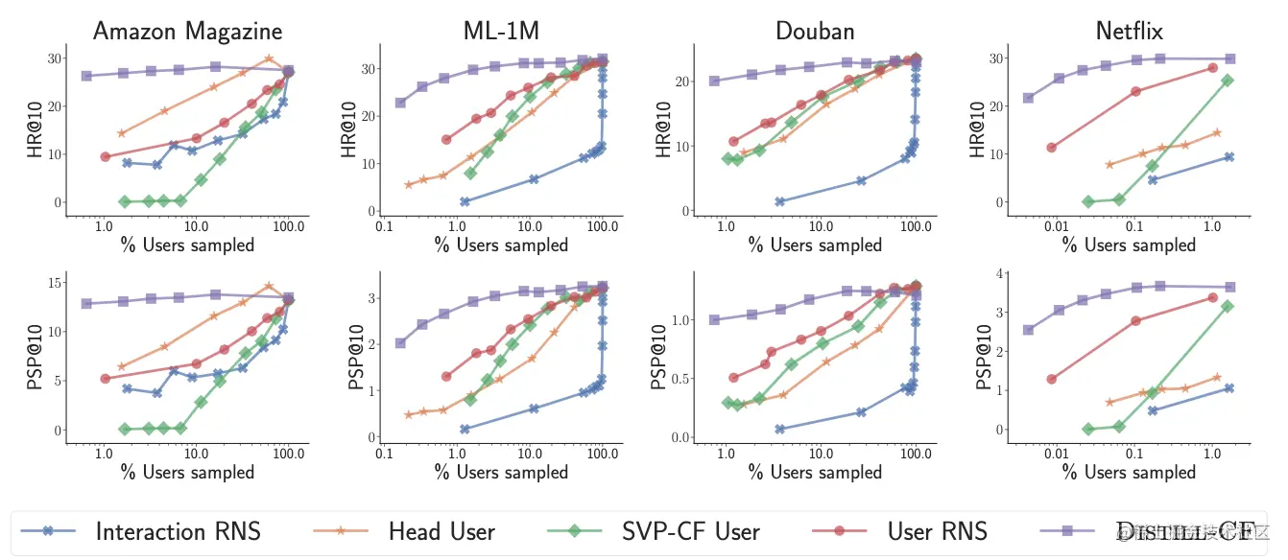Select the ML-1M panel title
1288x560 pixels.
[494, 32]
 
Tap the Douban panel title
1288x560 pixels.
[815, 32]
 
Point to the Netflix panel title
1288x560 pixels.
[1129, 32]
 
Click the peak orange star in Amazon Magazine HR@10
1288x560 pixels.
[269, 58]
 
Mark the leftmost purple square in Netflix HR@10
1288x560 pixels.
[1028, 98]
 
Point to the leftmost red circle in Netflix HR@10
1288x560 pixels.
[1051, 148]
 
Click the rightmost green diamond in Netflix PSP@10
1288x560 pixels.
[1228, 306]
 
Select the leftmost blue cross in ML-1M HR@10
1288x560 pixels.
[465, 201]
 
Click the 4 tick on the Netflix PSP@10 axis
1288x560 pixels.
[999, 273]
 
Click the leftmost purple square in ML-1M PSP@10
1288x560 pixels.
[400, 342]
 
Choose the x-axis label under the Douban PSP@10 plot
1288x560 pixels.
[815, 472]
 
